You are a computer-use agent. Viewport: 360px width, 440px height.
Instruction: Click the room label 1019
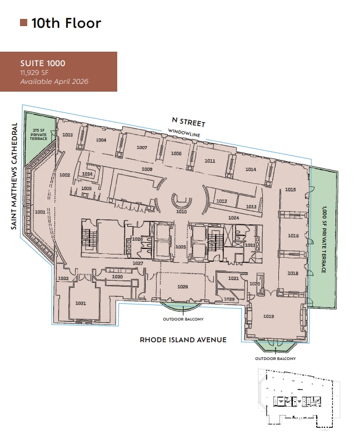pyautogui.click(x=269, y=317)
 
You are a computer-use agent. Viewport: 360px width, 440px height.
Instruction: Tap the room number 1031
pyautogui.click(x=81, y=303)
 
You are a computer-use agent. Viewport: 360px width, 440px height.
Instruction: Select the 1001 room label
pyautogui.click(x=40, y=212)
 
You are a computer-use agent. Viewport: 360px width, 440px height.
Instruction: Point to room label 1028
pyautogui.click(x=182, y=287)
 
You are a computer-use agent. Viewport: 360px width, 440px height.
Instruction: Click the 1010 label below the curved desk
pyautogui.click(x=181, y=211)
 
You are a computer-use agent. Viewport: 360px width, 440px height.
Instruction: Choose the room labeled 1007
pyautogui.click(x=142, y=148)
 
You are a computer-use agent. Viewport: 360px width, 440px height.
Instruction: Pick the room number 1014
pyautogui.click(x=251, y=169)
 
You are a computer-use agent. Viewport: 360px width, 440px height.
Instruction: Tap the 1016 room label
pyautogui.click(x=293, y=236)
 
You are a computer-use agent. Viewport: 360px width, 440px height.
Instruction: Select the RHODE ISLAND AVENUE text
pyautogui.click(x=183, y=339)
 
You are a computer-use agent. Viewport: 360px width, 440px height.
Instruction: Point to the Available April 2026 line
pyautogui.click(x=54, y=82)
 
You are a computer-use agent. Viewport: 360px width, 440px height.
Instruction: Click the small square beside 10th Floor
pyautogui.click(x=24, y=23)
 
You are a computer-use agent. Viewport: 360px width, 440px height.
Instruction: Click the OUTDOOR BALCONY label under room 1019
pyautogui.click(x=276, y=358)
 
